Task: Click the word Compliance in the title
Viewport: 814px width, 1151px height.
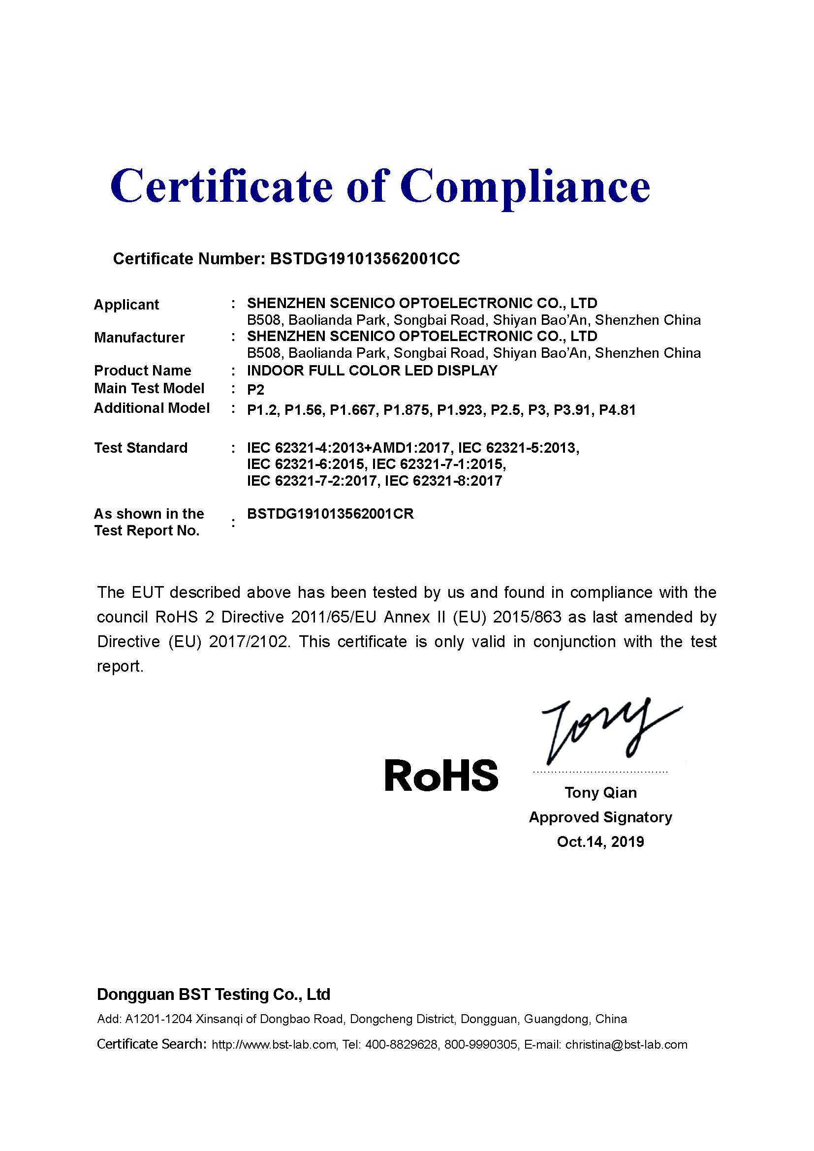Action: [525, 187]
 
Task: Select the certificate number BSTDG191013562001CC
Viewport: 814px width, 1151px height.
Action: [364, 259]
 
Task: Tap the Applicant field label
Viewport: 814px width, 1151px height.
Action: [126, 304]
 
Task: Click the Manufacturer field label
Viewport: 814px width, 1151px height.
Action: [139, 338]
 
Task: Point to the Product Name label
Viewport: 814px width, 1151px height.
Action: [142, 371]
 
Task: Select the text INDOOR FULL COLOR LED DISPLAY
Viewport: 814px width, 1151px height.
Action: [372, 371]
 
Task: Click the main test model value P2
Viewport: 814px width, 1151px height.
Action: [255, 390]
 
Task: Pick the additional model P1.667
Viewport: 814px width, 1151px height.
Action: [352, 410]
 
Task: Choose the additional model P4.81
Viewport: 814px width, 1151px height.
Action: [617, 410]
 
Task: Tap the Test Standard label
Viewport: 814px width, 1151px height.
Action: [141, 448]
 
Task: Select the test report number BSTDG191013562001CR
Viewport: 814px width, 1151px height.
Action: [330, 514]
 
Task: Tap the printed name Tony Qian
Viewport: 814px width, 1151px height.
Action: [600, 793]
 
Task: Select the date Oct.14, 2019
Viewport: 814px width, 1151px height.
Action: [600, 841]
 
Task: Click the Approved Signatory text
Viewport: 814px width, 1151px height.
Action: [600, 817]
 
